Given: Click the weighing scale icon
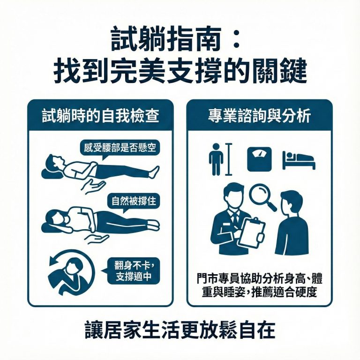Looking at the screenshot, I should click(x=259, y=159).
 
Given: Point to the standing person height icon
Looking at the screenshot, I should click(x=216, y=159).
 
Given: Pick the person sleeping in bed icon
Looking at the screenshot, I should click(x=299, y=160).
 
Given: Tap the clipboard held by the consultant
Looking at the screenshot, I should click(x=251, y=232).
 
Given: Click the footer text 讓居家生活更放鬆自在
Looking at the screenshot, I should click(x=180, y=330).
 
